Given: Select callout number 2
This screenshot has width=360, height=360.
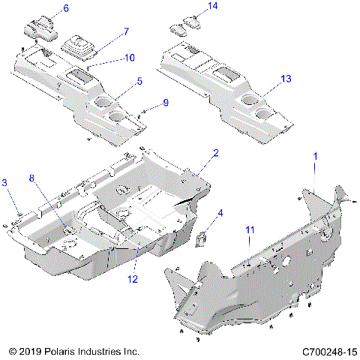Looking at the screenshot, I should point(215,153).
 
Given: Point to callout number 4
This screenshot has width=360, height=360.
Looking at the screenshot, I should point(220,213).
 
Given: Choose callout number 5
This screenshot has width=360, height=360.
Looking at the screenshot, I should point(139,80).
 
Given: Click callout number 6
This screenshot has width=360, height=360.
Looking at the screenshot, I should point(65,8).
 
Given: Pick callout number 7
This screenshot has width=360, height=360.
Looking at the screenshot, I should point(125,31).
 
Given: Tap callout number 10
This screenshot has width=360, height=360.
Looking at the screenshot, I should point(130,57).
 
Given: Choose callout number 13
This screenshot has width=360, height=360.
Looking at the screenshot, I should point(286,78).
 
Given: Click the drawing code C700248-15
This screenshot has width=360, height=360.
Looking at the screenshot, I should point(327,351).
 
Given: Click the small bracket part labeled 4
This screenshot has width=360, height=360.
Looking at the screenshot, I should point(201,238).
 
